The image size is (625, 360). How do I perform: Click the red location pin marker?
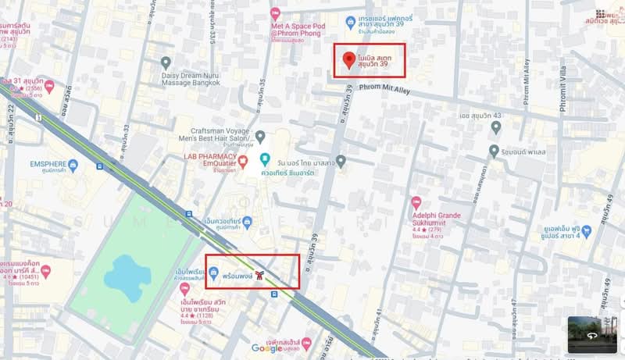click(348, 59)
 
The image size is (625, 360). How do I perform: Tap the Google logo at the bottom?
click(268, 348)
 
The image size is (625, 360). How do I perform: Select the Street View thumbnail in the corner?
click(591, 334)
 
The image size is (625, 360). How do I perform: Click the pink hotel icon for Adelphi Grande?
click(416, 201)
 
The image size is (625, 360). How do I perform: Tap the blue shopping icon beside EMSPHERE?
click(73, 166)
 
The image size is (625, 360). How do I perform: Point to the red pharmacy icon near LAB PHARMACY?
click(243, 162)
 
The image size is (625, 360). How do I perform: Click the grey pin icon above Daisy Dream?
click(166, 62)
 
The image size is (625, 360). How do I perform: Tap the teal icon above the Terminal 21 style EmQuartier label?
click(265, 159)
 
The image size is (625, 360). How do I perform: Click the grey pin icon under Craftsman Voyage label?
click(259, 136)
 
